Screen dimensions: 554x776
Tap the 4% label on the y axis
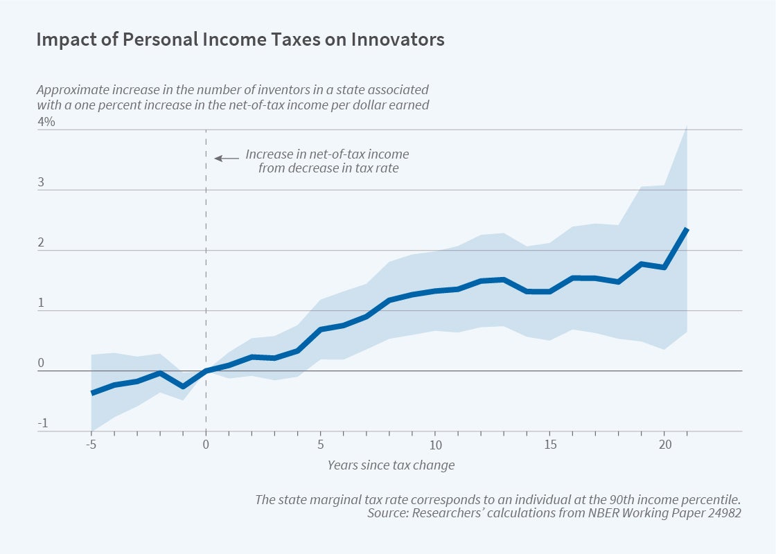click(x=46, y=122)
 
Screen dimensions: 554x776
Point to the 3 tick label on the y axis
click(x=42, y=183)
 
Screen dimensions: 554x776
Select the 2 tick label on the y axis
click(x=42, y=243)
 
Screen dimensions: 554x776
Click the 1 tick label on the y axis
click(x=42, y=303)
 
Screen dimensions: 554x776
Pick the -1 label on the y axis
click(x=42, y=424)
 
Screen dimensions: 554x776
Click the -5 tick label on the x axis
click(x=90, y=444)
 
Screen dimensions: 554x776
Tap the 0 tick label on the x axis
click(x=206, y=444)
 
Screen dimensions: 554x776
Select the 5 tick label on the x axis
click(x=321, y=444)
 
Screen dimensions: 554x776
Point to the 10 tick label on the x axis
click(x=436, y=444)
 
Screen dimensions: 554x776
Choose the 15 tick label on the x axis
click(x=550, y=444)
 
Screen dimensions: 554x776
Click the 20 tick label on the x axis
click(x=665, y=444)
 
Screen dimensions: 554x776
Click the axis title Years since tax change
click(x=391, y=465)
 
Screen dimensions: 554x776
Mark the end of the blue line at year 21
click(x=687, y=229)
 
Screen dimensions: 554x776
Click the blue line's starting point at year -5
click(x=91, y=393)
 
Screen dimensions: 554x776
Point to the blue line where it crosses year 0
click(x=206, y=371)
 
